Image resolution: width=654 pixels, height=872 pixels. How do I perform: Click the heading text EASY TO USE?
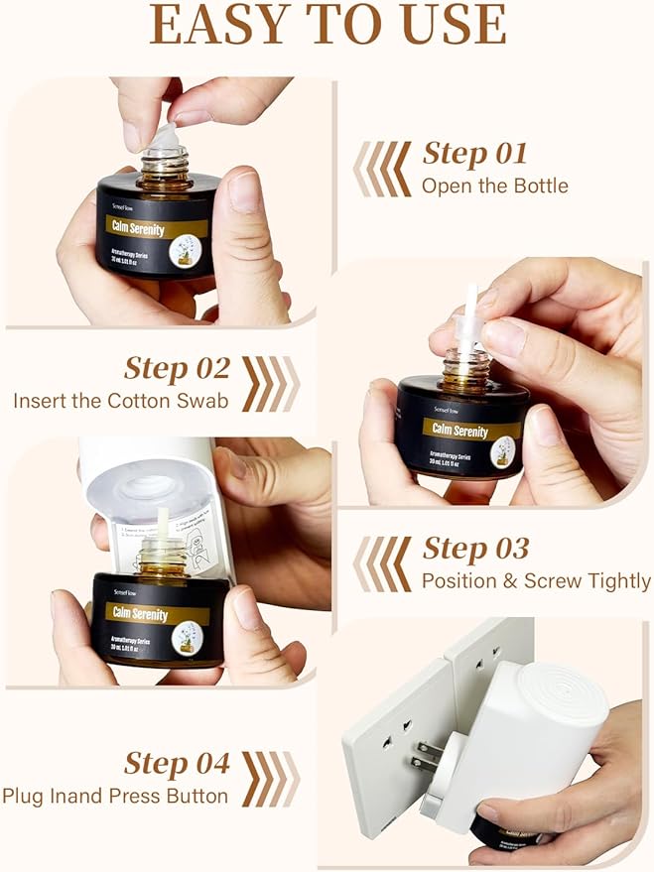point(327,26)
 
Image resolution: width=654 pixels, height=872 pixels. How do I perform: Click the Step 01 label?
point(474,154)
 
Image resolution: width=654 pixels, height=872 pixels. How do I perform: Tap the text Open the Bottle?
point(494,186)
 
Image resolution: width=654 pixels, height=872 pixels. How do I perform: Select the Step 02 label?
point(177,368)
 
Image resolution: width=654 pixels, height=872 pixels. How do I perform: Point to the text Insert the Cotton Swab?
point(121,401)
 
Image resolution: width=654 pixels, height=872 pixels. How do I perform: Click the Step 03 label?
point(475,549)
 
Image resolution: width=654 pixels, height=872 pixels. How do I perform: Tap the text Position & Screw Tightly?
point(536,580)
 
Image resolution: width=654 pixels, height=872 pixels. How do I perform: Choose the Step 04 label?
point(177,763)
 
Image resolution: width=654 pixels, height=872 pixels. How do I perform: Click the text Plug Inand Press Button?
point(115,796)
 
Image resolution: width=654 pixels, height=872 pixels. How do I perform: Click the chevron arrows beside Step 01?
point(382,169)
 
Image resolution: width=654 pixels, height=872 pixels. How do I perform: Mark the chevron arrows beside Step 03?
point(382,563)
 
